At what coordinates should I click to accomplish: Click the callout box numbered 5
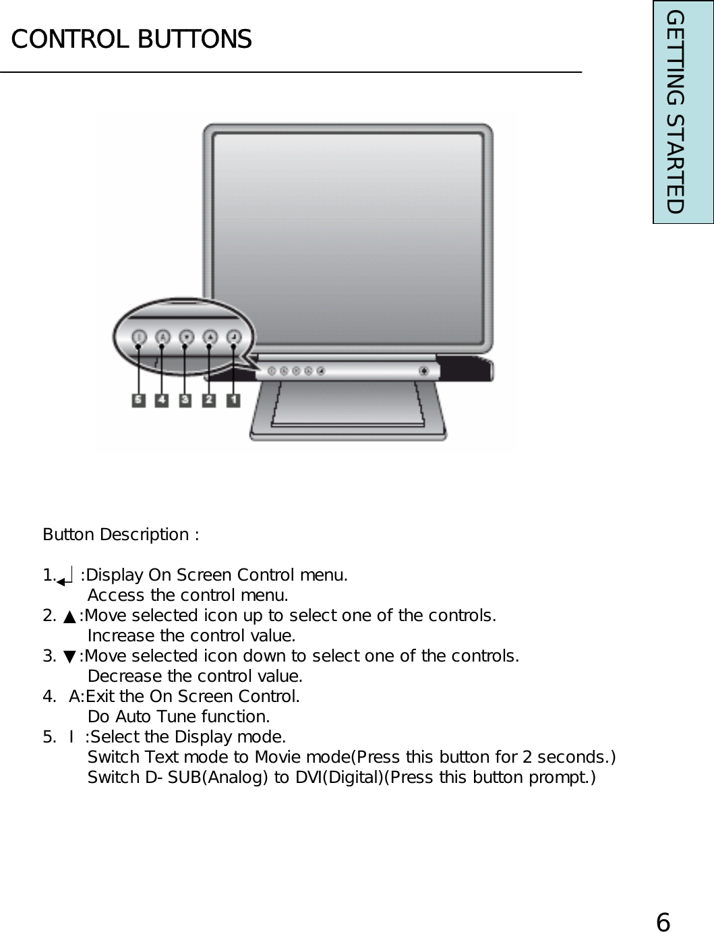pyautogui.click(x=138, y=400)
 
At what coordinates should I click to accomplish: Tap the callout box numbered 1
pyautogui.click(x=233, y=400)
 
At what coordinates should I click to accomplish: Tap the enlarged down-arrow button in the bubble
pyautogui.click(x=186, y=336)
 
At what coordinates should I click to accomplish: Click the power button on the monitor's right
pyautogui.click(x=423, y=370)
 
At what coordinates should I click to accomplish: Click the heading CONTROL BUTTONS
pyautogui.click(x=131, y=39)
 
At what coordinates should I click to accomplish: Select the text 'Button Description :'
pyautogui.click(x=121, y=535)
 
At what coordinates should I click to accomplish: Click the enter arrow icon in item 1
pyautogui.click(x=65, y=577)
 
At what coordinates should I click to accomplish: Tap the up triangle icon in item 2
pyautogui.click(x=69, y=616)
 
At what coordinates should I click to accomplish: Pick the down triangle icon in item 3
pyautogui.click(x=69, y=657)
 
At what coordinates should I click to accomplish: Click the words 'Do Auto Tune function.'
pyautogui.click(x=179, y=716)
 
